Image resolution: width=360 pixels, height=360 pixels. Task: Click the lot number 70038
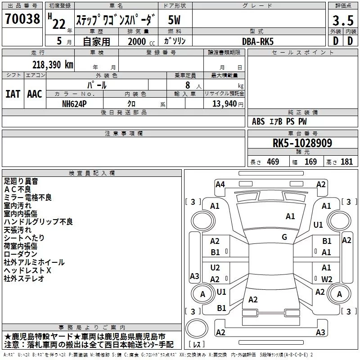(x=22, y=19)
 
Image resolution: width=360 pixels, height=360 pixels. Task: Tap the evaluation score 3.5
(x=343, y=20)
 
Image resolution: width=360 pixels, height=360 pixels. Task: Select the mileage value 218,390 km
(x=53, y=65)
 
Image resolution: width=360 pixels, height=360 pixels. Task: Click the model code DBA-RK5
(x=258, y=41)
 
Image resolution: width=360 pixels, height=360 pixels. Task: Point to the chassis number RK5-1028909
(x=302, y=143)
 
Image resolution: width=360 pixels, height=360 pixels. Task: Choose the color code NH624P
(x=74, y=104)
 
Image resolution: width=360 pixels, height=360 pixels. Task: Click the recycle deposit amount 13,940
(x=224, y=104)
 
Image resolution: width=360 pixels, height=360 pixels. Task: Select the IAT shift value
(x=13, y=94)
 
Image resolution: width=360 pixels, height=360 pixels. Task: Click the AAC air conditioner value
(x=35, y=94)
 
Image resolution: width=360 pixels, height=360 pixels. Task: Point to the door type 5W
(x=174, y=20)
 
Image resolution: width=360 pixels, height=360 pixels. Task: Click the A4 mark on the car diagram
(x=220, y=184)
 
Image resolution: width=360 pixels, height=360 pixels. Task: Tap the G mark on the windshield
(x=284, y=237)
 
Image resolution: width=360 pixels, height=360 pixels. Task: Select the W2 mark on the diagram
(x=327, y=279)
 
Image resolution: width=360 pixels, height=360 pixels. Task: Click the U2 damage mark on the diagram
(x=215, y=268)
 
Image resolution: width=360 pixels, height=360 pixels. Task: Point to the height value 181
(x=346, y=162)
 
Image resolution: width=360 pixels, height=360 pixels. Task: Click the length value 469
(x=273, y=162)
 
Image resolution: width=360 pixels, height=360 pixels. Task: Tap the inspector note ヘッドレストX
(x=27, y=270)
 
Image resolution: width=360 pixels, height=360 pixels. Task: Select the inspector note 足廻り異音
(x=21, y=181)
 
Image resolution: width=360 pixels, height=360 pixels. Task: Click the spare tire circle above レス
(x=197, y=328)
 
